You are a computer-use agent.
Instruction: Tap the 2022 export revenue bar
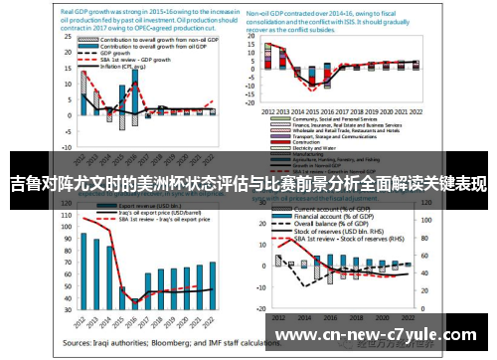click(x=212, y=284)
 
